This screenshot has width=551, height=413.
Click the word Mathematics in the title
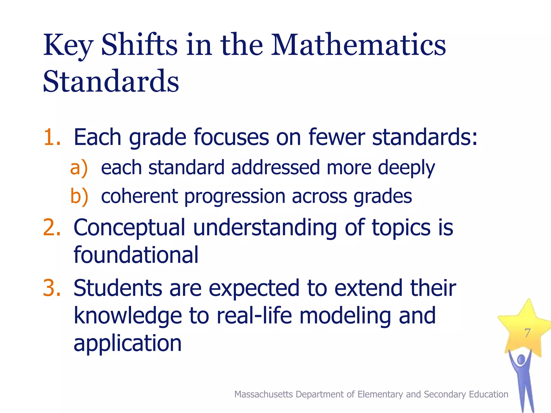tap(358, 45)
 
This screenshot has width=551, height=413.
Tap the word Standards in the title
tap(111, 81)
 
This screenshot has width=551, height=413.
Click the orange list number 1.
tap(52, 137)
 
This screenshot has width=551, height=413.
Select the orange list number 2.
tap(52, 227)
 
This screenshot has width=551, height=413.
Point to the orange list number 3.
tap(52, 288)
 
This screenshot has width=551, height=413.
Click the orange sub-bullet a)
tap(79, 168)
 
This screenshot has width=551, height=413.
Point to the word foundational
tap(136, 255)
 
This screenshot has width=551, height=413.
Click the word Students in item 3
tap(118, 288)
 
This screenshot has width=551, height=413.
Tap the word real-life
tap(254, 316)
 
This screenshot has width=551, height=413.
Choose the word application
tap(128, 344)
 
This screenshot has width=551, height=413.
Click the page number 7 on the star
tap(527, 333)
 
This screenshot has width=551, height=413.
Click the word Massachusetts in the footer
tap(263, 394)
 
